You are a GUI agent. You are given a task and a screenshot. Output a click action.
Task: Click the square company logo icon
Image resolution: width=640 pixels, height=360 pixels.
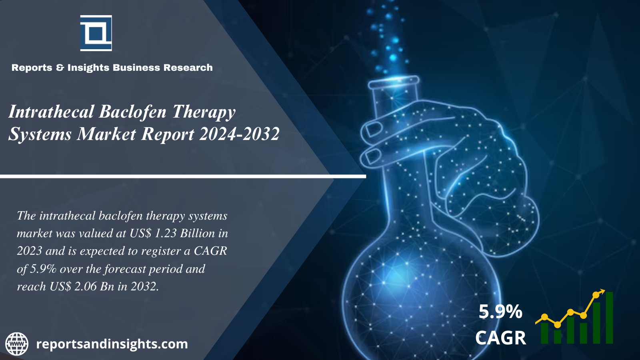96,33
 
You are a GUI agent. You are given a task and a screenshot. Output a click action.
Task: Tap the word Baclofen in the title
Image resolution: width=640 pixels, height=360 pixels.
132,112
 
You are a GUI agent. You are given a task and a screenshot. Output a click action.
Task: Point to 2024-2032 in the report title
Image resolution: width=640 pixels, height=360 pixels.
239,134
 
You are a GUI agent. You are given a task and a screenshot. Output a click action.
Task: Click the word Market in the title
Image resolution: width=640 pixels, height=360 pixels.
106,134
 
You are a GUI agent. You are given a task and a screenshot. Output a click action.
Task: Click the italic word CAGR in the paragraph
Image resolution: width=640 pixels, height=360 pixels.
210,251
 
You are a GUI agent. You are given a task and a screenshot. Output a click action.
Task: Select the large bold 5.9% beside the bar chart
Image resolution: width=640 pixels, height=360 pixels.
500,312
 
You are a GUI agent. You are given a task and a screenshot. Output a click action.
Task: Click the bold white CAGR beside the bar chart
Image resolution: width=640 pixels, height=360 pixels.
500,338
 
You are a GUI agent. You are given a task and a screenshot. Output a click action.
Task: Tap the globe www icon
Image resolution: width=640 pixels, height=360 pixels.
17,344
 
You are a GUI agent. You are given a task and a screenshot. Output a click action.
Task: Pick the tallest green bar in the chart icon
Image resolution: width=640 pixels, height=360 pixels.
610,318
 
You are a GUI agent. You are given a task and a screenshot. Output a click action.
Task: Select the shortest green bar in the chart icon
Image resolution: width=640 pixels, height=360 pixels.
558,337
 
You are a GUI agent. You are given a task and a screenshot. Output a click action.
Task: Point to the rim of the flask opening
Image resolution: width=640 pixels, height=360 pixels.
394,83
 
